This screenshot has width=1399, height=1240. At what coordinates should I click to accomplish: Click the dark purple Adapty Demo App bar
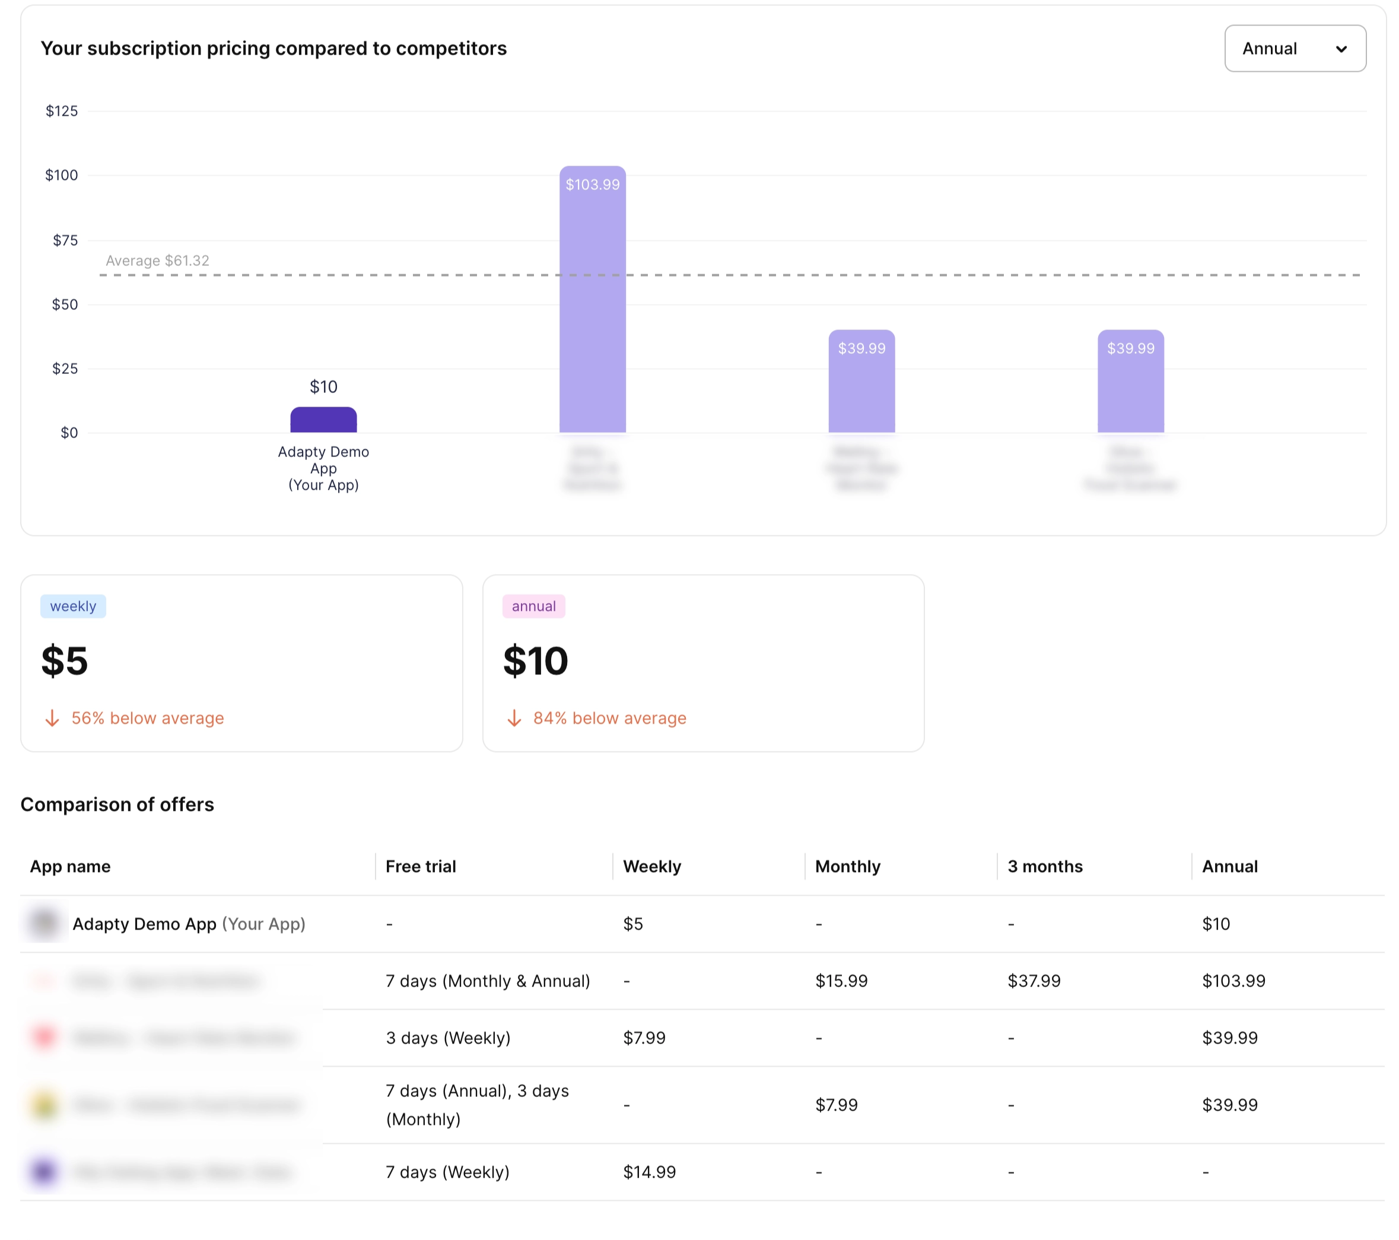tap(323, 420)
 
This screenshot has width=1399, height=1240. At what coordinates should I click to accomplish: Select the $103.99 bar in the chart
tap(592, 302)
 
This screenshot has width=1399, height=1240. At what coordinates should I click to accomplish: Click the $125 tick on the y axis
tap(62, 111)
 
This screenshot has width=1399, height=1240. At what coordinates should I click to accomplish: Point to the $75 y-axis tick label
tap(65, 240)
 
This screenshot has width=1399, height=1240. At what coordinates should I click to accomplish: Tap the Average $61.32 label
tap(157, 261)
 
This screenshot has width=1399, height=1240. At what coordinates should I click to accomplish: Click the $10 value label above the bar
tap(323, 387)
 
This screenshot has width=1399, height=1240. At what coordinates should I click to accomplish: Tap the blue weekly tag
tap(72, 606)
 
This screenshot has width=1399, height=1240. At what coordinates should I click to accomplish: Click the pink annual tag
tap(533, 606)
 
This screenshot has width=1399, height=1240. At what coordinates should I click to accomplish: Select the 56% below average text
tap(147, 718)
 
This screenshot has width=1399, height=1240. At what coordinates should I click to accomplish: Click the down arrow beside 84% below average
tap(514, 718)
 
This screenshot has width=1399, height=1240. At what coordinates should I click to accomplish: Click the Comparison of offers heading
tap(117, 804)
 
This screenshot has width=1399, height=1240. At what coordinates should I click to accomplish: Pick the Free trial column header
tap(420, 867)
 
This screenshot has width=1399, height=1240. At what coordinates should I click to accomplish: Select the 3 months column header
tap(1044, 867)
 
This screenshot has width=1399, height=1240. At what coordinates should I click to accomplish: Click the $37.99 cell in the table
tap(1034, 981)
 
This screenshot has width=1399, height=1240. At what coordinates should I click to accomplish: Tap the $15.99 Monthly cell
tap(841, 981)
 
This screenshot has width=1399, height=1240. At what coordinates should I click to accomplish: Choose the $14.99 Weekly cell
tap(649, 1172)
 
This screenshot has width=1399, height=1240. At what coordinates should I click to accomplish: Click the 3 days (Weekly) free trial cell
tap(447, 1038)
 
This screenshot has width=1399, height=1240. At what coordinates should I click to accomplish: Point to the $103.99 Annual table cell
tap(1233, 981)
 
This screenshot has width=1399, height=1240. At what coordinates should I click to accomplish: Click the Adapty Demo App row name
tap(144, 924)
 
